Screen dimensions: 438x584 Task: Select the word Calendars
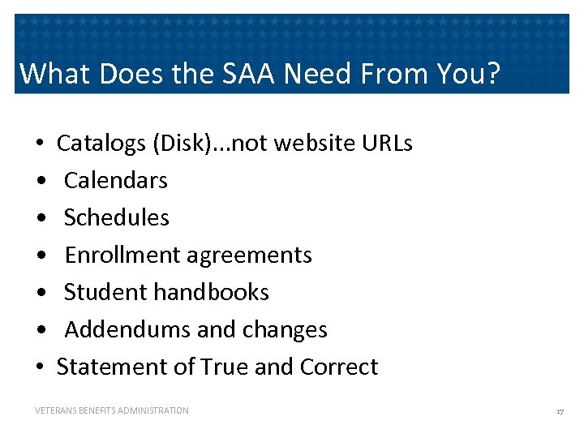point(116,180)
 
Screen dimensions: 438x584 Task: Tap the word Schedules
point(117,217)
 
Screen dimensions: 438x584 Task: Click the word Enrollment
point(123,255)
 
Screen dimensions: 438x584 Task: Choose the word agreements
point(249,255)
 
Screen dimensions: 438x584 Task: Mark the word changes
point(289,329)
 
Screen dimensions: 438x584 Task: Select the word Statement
point(113,367)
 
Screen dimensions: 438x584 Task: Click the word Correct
point(339,367)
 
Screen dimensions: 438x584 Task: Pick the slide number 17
point(560,411)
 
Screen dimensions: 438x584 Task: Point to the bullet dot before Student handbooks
point(40,293)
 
